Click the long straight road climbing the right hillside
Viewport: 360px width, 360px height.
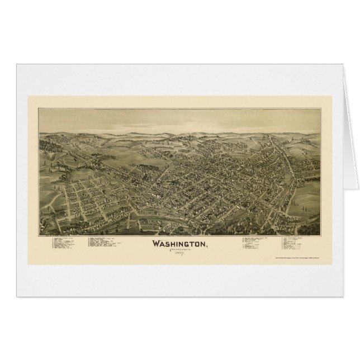291,162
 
